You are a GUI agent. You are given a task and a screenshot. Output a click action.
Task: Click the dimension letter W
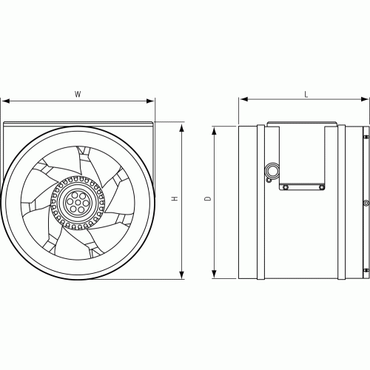(78, 94)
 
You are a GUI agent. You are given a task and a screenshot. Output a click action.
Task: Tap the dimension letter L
(306, 94)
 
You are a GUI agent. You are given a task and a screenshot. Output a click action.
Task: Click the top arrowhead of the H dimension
(182, 127)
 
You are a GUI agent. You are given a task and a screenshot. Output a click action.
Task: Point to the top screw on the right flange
(364, 138)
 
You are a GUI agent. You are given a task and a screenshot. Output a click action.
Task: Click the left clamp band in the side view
(261, 202)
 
